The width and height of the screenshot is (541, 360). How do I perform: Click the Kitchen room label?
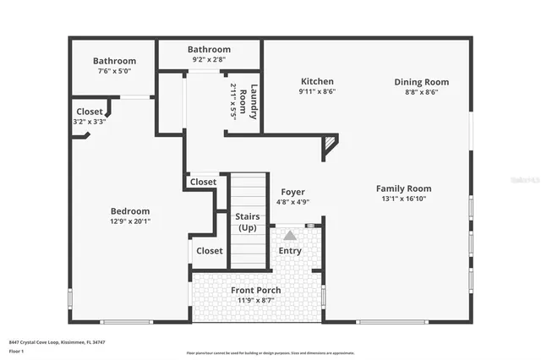point(317,82)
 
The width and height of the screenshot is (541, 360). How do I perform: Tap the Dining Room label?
point(421,82)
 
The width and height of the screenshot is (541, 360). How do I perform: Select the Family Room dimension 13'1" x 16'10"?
point(403,199)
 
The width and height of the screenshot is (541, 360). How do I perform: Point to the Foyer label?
point(292,192)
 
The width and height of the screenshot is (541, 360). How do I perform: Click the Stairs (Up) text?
point(248,222)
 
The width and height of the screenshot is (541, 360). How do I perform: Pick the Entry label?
point(290,251)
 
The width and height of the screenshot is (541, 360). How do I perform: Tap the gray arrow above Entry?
point(290,235)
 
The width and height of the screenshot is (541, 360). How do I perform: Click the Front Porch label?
point(256,291)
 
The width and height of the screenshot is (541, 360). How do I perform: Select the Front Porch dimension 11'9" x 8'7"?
point(256,301)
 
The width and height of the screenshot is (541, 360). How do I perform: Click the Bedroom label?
point(130,211)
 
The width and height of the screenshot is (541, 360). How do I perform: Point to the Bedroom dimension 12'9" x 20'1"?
point(130,221)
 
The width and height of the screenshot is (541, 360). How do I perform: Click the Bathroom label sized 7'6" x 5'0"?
point(114,61)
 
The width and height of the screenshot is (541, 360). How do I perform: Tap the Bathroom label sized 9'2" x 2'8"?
point(209,50)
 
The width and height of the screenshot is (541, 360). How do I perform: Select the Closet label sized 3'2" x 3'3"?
point(90,112)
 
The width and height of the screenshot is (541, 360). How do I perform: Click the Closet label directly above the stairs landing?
point(203,182)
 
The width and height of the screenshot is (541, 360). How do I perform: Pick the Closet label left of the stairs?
point(209,251)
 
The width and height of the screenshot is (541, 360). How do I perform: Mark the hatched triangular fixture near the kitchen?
point(330,146)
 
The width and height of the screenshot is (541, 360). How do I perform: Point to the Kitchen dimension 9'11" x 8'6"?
point(317,92)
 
